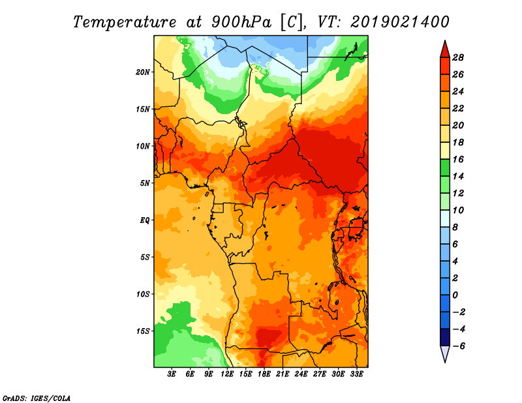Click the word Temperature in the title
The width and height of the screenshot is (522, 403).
125,22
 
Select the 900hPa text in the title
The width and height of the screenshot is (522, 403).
241,22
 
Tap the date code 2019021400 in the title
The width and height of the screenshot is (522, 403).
400,22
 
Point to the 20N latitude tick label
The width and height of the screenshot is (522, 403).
143,72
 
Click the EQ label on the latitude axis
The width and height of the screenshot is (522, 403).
144,220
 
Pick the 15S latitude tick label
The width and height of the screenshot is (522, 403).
143,331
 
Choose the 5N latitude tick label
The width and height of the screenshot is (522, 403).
145,183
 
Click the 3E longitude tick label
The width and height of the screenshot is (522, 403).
172,374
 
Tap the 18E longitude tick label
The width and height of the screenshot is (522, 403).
264,374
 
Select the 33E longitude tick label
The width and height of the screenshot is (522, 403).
356,374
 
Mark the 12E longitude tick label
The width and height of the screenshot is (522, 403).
226,374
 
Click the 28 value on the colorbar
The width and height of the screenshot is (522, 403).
458,57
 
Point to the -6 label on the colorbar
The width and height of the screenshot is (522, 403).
458,346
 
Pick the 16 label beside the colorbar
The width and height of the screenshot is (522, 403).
458,159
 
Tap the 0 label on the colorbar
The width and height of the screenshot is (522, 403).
455,295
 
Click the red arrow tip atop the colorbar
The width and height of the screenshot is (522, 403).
445,40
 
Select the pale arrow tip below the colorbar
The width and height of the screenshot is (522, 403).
445,362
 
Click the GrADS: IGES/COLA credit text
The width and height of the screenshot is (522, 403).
37,398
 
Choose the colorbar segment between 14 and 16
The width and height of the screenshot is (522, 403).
445,168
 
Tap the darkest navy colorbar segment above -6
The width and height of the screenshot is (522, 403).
445,337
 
